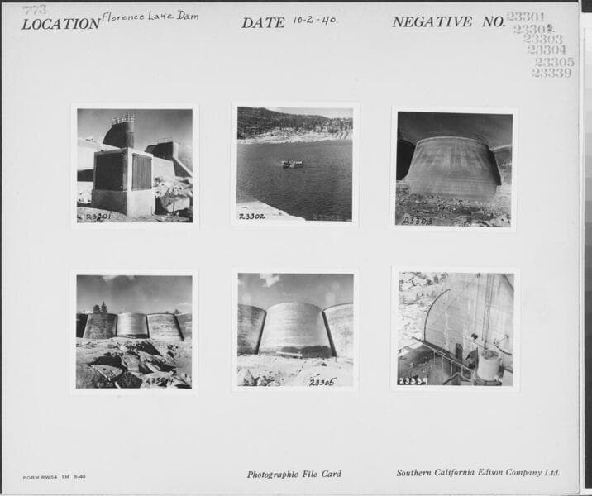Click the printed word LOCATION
[60, 24]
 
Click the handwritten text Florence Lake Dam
[150, 17]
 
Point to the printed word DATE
[263, 23]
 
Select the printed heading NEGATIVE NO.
[447, 22]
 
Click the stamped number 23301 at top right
[526, 17]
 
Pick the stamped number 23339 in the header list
[551, 73]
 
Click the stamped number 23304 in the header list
[547, 50]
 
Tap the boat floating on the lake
[292, 164]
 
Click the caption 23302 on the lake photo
[251, 216]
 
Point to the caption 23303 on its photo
[417, 221]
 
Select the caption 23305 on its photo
[322, 382]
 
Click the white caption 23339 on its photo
[413, 381]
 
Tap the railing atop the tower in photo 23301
[123, 119]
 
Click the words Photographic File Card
[294, 475]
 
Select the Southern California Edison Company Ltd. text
[477, 473]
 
